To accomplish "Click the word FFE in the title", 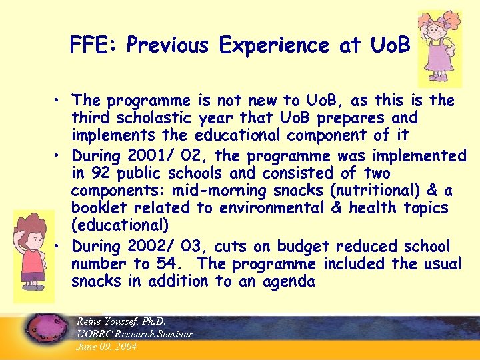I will pyautogui.click(x=93, y=45).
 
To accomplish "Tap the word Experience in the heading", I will pyautogui.click(x=274, y=45).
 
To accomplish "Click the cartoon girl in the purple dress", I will pyautogui.click(x=439, y=47).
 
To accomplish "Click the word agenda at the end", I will pyautogui.click(x=281, y=281).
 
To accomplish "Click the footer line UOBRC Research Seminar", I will pyautogui.click(x=135, y=334).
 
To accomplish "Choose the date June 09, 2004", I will pyautogui.click(x=107, y=347).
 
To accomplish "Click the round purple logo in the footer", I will pyautogui.click(x=46, y=329).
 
